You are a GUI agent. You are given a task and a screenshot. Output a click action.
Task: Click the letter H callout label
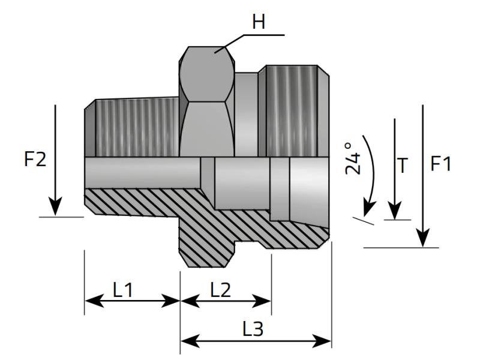pos(259,23)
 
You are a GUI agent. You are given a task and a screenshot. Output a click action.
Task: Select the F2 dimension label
pos(35,160)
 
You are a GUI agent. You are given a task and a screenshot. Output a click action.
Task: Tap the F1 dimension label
pos(440,163)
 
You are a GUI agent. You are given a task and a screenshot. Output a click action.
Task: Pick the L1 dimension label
pos(123,290)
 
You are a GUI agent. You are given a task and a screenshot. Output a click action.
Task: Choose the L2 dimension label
pos(221,290)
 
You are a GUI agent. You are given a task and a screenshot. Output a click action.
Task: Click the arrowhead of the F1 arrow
pos(424,239)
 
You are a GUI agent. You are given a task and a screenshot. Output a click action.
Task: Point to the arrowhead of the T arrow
pos(394,213)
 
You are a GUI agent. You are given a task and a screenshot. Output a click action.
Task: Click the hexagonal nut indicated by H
pos(206,102)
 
